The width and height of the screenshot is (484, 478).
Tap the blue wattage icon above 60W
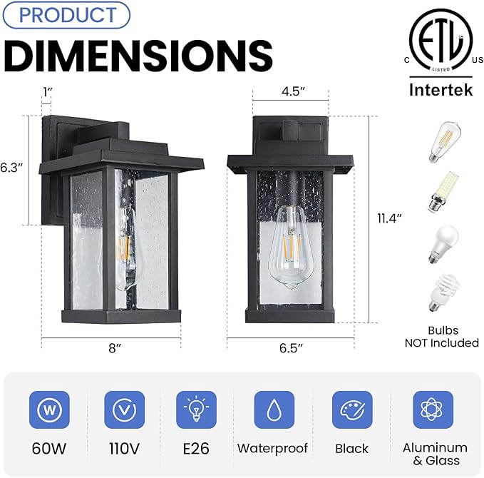[49, 410]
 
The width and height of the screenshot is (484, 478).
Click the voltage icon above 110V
[124, 410]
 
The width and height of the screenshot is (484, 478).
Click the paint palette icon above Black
[352, 410]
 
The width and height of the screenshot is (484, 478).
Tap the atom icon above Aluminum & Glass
[433, 410]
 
